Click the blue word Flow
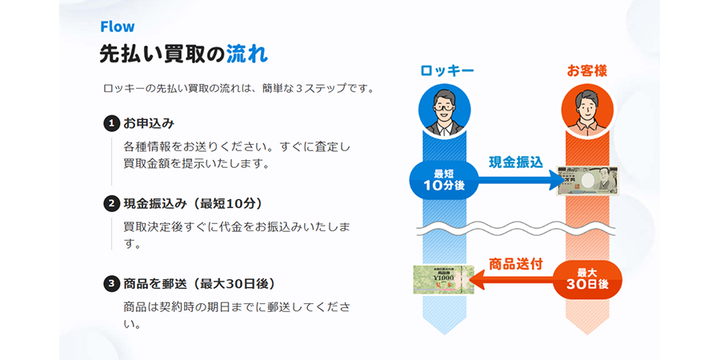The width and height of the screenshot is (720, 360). click(x=118, y=26)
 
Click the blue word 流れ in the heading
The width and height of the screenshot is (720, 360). click(x=247, y=54)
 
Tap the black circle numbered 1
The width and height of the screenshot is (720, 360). click(x=111, y=123)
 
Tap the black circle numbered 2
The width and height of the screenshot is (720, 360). click(x=111, y=203)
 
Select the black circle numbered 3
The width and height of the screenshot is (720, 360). click(x=111, y=284)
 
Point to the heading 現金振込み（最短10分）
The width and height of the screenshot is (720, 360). click(x=193, y=203)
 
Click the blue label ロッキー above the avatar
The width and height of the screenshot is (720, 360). click(x=446, y=70)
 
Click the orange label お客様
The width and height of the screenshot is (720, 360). click(x=587, y=70)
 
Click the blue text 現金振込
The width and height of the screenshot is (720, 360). click(x=515, y=162)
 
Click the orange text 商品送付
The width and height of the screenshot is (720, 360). click(x=516, y=264)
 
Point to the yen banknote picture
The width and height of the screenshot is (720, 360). click(x=587, y=181)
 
